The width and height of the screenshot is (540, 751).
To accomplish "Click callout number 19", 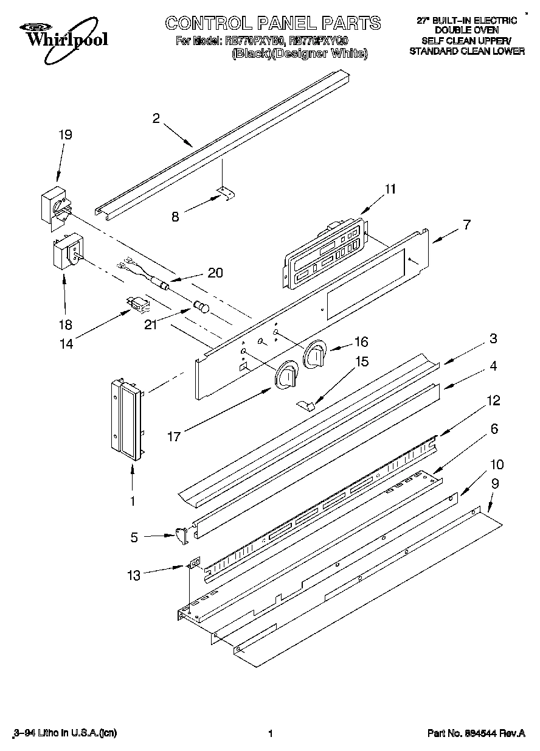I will [64, 135].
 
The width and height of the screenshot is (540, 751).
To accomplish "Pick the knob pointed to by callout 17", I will [286, 377].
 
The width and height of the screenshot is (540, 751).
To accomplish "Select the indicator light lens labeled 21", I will [201, 306].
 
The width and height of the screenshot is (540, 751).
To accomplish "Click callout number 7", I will [466, 225].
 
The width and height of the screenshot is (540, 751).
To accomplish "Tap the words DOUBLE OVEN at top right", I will [466, 29].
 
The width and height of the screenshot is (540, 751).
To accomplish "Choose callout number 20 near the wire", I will [215, 272].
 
